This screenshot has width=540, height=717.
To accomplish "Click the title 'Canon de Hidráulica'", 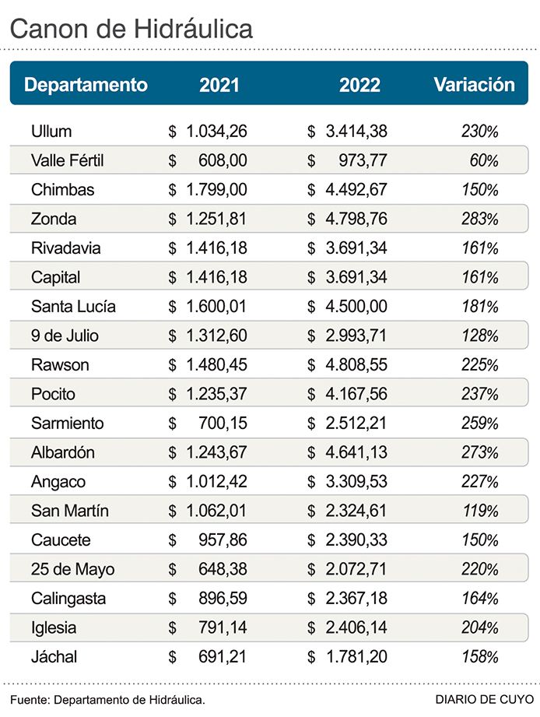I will [x=131, y=29].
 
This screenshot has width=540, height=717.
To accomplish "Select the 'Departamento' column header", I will [x=86, y=84].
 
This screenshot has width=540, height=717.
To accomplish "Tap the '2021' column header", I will [x=219, y=85].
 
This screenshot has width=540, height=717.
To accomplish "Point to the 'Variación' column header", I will [x=474, y=84].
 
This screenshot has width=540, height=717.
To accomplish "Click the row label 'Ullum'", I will [x=51, y=131].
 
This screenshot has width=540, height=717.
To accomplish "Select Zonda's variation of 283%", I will [x=479, y=219].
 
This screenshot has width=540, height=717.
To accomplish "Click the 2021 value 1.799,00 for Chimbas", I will [x=216, y=189].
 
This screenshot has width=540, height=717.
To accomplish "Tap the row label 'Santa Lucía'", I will [x=73, y=306].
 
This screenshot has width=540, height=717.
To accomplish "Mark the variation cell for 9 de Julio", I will [x=479, y=336].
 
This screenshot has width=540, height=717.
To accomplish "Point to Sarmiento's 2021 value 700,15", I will [x=222, y=423].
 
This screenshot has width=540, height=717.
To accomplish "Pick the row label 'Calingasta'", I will [x=68, y=598].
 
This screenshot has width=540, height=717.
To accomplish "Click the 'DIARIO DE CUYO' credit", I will [x=484, y=700].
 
